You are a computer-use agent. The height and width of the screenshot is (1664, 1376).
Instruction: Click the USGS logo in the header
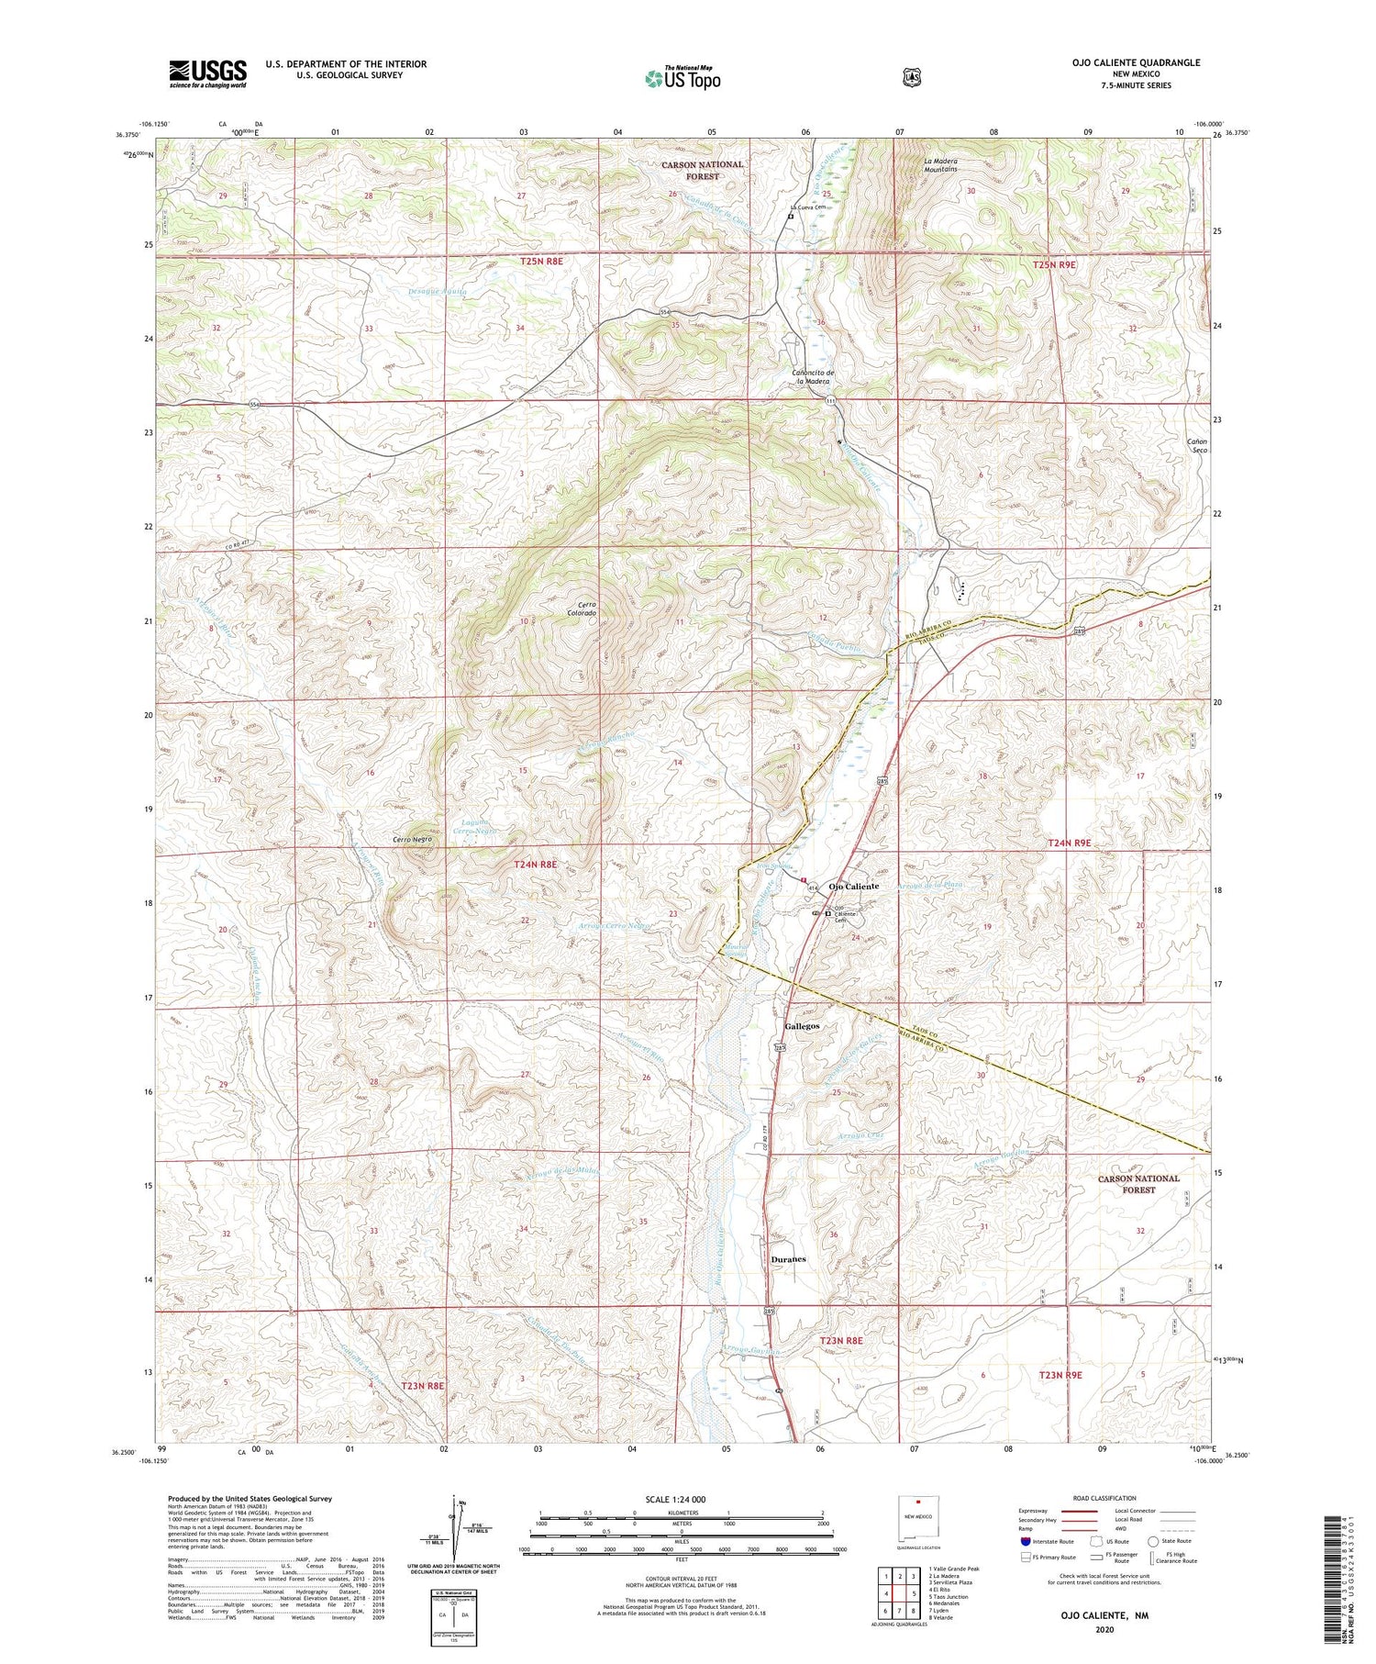pyautogui.click(x=207, y=73)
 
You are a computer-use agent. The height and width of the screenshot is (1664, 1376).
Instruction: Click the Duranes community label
pyautogui.click(x=789, y=1258)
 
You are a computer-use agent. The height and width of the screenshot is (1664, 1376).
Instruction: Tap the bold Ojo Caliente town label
pyautogui.click(x=854, y=886)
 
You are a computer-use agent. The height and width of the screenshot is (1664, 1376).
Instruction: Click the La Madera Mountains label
pyautogui.click(x=940, y=164)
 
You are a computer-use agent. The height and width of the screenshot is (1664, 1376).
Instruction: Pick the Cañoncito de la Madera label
pyautogui.click(x=813, y=376)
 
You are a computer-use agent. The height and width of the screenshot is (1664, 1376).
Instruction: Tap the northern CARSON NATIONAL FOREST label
pyautogui.click(x=704, y=170)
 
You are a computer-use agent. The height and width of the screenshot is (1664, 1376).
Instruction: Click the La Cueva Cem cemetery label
pyautogui.click(x=807, y=207)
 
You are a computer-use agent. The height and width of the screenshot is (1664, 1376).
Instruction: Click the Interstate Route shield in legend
pyautogui.click(x=1025, y=1541)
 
